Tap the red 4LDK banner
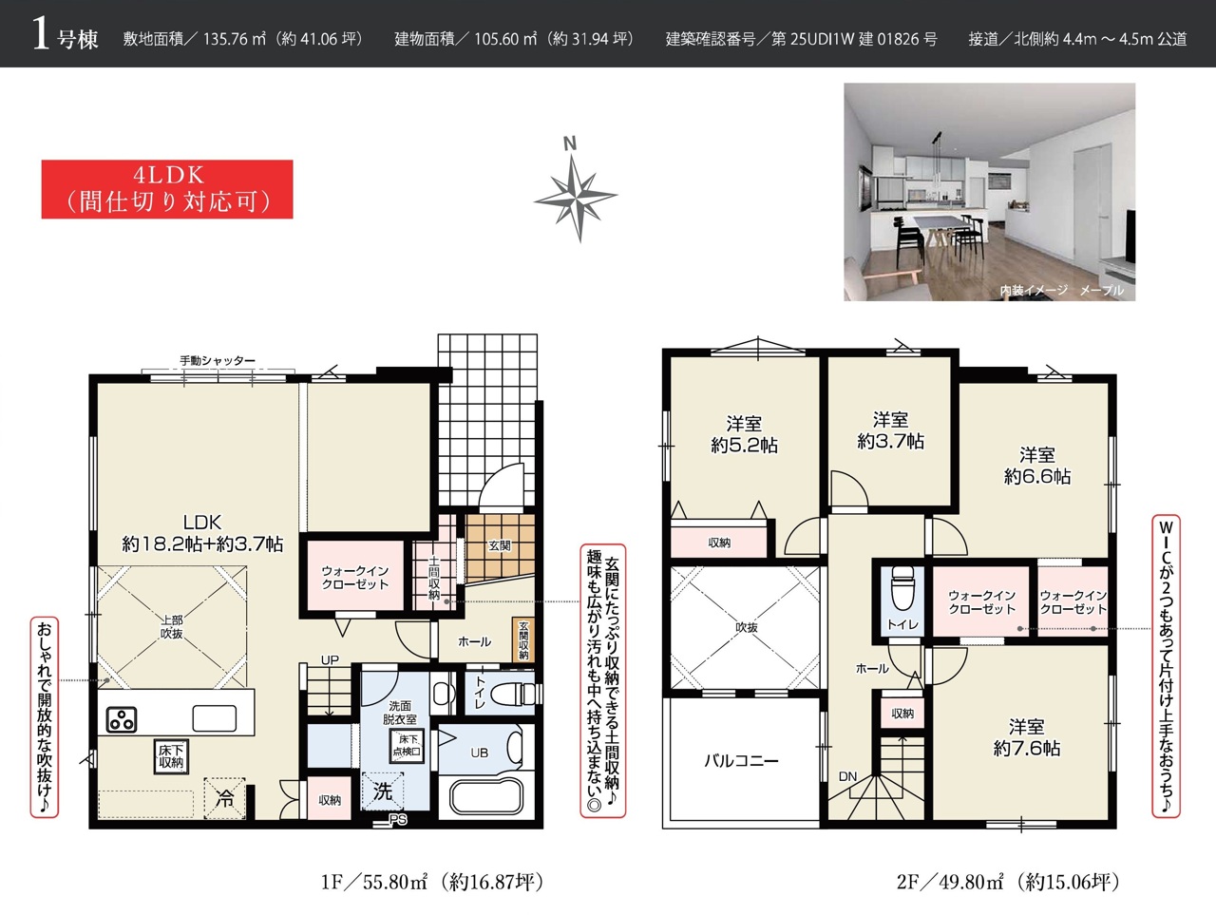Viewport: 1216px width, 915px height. coord(167,189)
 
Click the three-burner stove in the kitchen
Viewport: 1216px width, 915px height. coord(122,720)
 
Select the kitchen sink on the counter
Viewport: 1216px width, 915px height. coord(215,719)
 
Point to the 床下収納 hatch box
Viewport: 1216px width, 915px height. coord(171,756)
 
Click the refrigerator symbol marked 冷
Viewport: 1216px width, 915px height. coord(224,798)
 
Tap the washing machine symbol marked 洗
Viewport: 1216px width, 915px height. coord(382,791)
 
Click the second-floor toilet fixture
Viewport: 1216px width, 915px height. coord(903,590)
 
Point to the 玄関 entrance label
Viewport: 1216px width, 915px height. coord(500,545)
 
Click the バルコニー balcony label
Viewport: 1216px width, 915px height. coord(741,760)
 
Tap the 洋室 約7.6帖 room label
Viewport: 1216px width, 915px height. coord(1027,737)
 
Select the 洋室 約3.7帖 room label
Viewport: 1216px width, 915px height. coord(890,430)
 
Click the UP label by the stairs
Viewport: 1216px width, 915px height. coord(330,659)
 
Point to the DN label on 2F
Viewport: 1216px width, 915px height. coord(847,776)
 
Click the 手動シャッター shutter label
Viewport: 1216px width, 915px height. coord(218,360)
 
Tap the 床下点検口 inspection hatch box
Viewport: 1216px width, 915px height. coord(408,746)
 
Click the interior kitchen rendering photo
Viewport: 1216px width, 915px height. coord(989,192)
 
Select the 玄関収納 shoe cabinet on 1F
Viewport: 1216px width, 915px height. coord(523,639)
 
